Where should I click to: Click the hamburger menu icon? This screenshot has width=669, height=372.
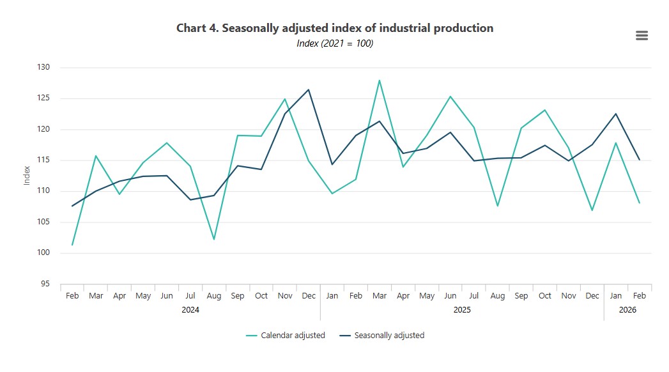642,35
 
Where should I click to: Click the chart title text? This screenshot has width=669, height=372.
335,28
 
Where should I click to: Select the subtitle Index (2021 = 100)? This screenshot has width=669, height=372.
335,43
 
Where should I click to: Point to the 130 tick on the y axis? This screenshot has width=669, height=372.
43,67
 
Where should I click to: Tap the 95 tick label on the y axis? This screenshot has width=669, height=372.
45,284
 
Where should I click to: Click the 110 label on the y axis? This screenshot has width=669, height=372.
43,190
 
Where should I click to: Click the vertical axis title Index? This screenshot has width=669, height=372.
27,175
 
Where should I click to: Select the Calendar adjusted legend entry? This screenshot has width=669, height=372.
286,336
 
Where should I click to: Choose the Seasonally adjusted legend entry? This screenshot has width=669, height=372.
382,336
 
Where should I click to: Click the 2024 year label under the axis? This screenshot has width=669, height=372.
190,310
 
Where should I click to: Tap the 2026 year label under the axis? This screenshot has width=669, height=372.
627,310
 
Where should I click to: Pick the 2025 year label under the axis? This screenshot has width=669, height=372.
462,310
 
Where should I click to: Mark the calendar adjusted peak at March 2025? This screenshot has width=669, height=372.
380,80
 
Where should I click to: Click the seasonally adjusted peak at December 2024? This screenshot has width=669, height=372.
309,89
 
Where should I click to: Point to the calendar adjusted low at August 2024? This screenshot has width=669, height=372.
214,239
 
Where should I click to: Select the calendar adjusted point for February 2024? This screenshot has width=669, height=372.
72,245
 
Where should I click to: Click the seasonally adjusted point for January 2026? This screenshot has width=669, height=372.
616,114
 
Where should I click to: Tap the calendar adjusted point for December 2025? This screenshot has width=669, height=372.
592,210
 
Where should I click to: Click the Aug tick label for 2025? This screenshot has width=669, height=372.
498,296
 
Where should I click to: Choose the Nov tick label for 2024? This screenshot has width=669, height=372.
285,296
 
